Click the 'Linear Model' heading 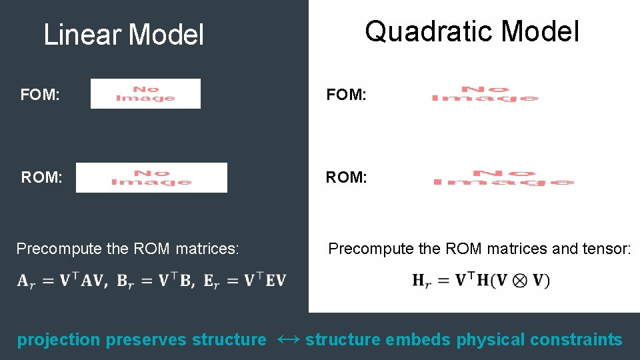coord(123,35)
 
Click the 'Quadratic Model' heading coord(472,31)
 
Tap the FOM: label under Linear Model coord(41,95)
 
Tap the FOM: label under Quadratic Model coord(346,95)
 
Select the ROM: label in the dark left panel coord(42,178)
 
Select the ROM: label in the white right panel coord(346,177)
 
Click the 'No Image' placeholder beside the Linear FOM coord(145,94)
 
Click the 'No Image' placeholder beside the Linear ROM coord(151,178)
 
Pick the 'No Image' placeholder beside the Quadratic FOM coord(485,93)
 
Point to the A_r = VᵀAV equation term coord(59,280)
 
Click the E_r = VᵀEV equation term coord(246,280)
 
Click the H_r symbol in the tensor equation coord(421,281)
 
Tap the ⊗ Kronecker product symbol coord(519,281)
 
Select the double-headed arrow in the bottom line coord(285,339)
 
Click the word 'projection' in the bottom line coord(58,340)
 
